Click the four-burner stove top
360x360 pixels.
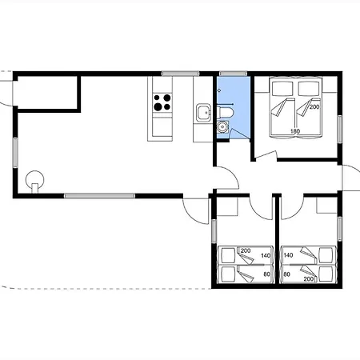coord(162,102)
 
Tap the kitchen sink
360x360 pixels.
coord(204,113)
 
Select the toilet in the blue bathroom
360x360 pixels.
coord(226,112)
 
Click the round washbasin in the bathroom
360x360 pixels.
coord(222,127)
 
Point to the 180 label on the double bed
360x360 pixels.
coord(295,131)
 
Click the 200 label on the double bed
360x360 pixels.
coord(314,107)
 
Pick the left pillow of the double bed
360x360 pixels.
coord(282,89)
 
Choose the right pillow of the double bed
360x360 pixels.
coord(309,89)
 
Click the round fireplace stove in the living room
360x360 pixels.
coord(34,180)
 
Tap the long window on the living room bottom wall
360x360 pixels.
coord(99,196)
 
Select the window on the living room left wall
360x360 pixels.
coord(15,153)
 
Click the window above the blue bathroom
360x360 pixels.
coord(233,74)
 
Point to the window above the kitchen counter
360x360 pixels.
coord(180,74)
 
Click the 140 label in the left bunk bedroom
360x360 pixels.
coord(266,256)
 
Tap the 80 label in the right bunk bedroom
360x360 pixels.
coord(286,274)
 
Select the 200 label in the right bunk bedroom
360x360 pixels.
coord(309,279)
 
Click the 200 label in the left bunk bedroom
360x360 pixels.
coord(246,250)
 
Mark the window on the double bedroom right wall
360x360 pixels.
coord(340,129)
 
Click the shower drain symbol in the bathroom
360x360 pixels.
coord(219,90)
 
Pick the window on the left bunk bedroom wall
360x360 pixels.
coord(214,231)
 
